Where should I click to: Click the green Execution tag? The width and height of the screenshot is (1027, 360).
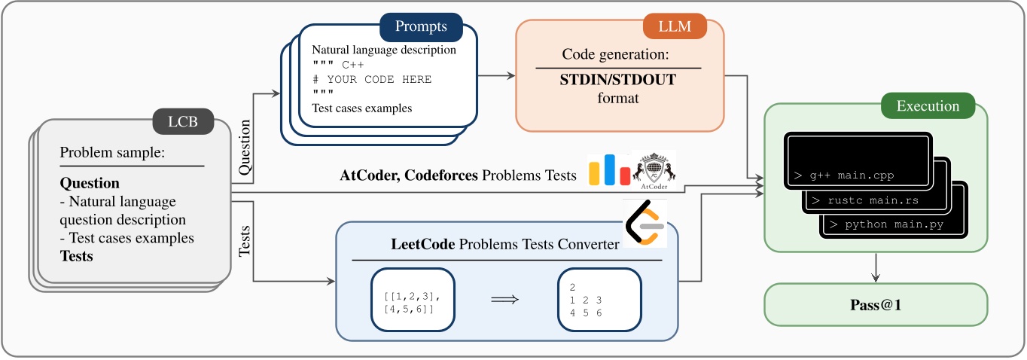[x=927, y=106]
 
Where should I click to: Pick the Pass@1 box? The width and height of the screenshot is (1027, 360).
[x=875, y=304]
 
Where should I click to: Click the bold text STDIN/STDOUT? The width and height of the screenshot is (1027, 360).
[x=618, y=79]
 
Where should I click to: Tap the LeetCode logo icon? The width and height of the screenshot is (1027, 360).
[x=645, y=223]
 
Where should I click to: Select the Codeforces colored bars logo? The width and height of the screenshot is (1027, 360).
[x=609, y=170]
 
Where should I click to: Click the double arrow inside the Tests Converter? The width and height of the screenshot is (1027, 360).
[x=505, y=299]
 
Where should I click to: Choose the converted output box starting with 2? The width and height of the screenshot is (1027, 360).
[x=599, y=299]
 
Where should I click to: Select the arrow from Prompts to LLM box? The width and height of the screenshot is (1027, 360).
[x=496, y=75]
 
